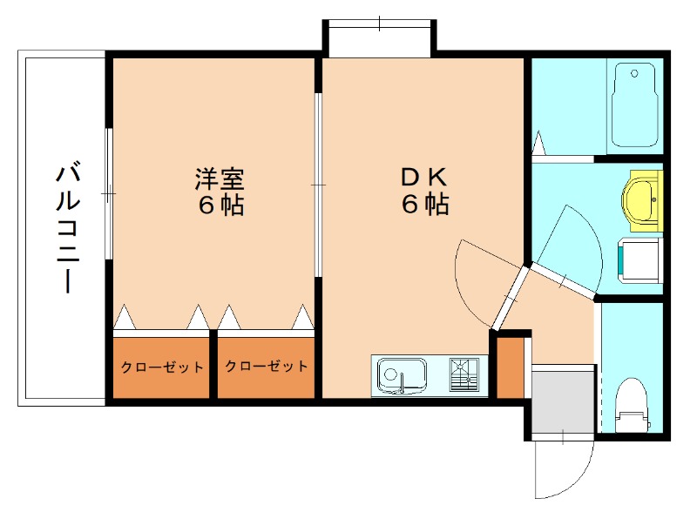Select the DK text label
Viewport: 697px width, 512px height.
pos(424,177)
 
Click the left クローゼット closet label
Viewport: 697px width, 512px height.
pos(162,367)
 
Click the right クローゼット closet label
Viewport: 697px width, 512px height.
pos(266,367)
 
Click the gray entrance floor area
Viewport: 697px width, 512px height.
pos(562,399)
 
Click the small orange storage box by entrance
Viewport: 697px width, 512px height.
pos(510,364)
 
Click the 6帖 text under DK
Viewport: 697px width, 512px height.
pos(424,205)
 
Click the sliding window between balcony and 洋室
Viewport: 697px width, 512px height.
pos(108,192)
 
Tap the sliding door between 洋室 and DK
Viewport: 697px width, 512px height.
pos(318,184)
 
